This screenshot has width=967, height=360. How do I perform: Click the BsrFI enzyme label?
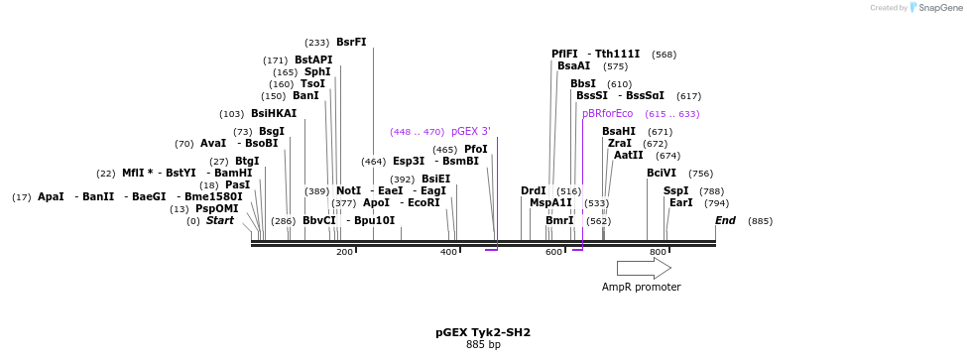pos(351,42)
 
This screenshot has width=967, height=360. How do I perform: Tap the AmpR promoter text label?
pos(641,288)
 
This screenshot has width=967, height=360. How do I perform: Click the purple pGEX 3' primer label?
pos(470,131)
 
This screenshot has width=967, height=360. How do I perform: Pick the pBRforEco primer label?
pos(607,114)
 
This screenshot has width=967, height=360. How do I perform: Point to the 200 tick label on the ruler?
pos(344,253)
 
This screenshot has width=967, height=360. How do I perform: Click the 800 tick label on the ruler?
pos(658,253)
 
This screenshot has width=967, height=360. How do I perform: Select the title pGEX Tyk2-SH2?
pos(483,332)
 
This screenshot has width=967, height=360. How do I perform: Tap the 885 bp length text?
pos(483,344)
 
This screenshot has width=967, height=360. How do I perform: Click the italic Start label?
pos(220,220)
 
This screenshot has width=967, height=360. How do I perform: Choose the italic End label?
pos(725,220)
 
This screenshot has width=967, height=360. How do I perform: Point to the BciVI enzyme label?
pos(662,173)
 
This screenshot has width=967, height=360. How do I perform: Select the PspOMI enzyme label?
pos(217,208)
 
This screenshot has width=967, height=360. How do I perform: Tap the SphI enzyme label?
pos(317,71)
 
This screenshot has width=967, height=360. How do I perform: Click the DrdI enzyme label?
pos(533,190)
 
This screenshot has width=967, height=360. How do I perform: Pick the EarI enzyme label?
pos(680,202)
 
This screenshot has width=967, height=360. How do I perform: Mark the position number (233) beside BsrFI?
pos(317,43)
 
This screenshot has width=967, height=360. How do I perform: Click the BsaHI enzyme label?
pos(619,131)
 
